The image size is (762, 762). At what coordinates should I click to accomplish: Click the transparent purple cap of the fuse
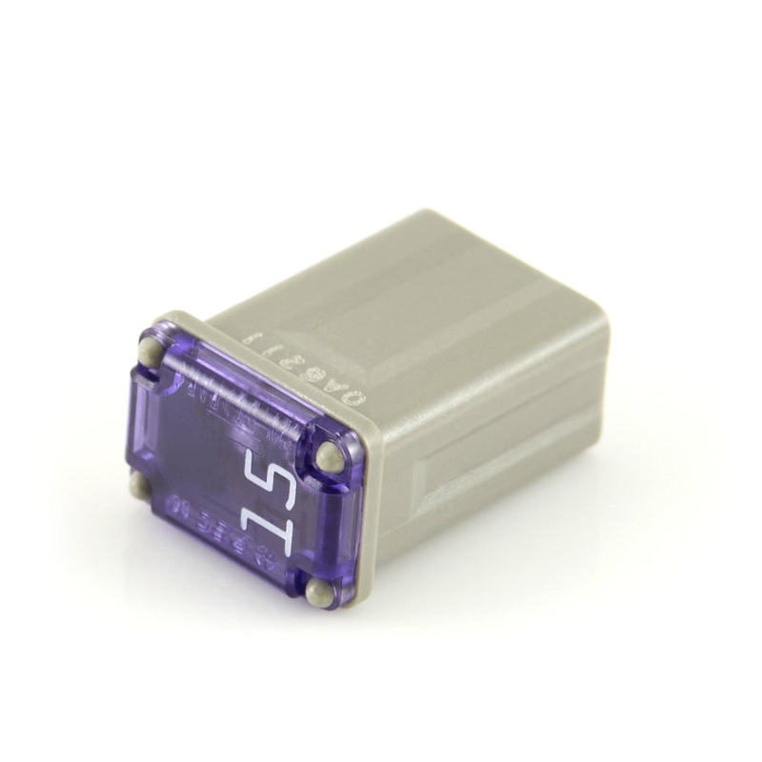click(229, 448)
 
